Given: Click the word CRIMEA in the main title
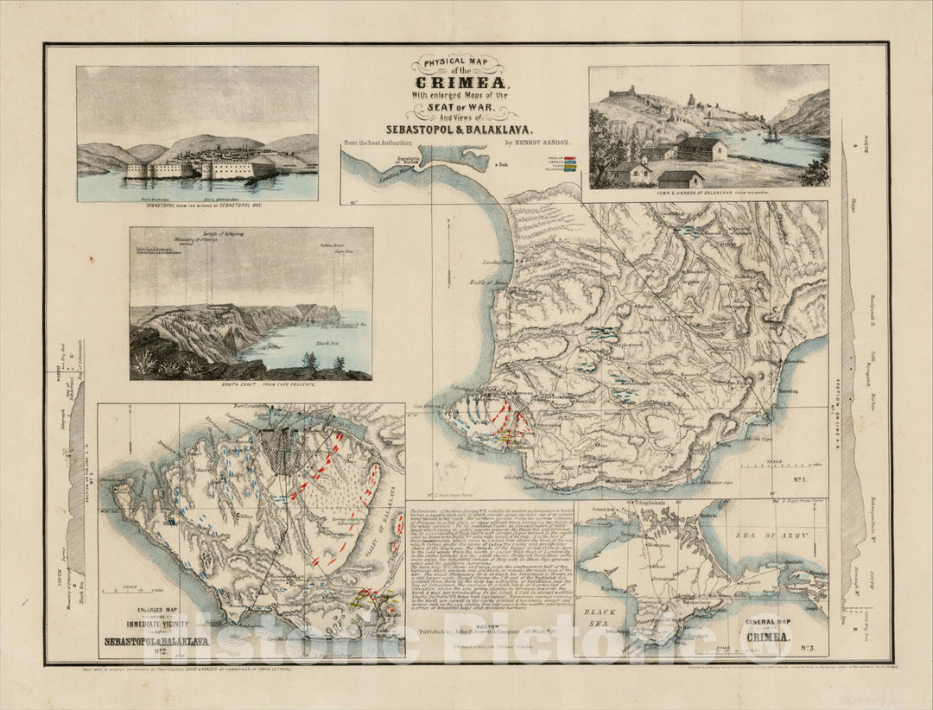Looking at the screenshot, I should click(466, 85).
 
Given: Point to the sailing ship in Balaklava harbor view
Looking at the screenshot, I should click(771, 135).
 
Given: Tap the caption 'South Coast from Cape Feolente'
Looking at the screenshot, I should click(251, 385).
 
